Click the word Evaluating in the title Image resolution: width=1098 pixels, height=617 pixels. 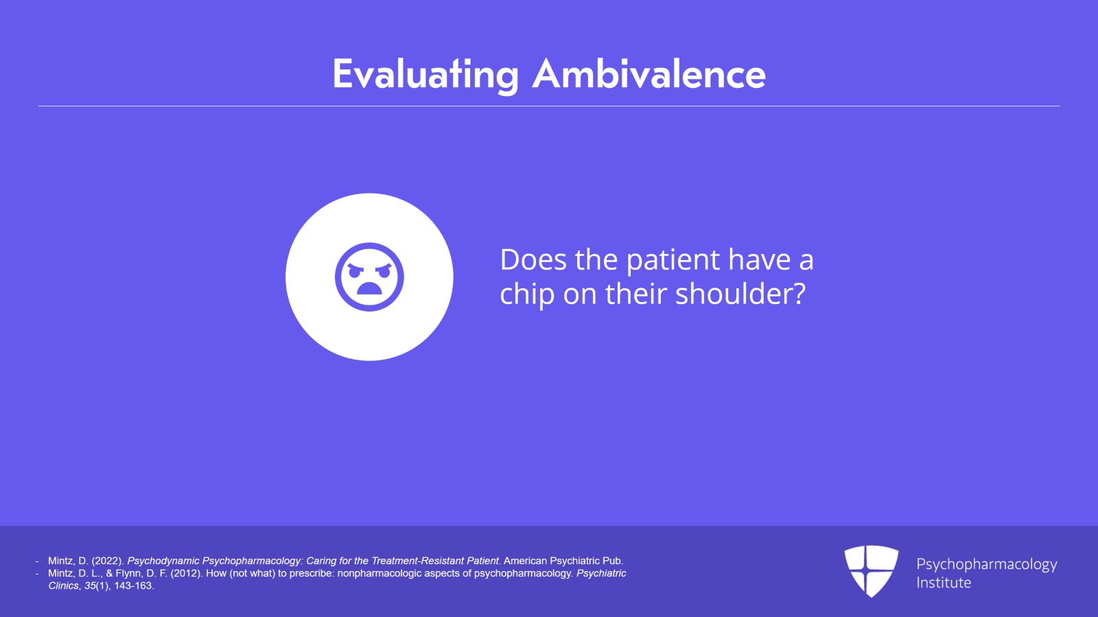coord(425,75)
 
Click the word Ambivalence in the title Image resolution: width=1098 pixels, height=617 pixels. coord(649,74)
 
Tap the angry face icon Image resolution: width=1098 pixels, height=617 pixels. coord(369,277)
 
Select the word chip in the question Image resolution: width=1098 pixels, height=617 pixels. coord(527,294)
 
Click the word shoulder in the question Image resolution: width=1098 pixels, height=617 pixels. coord(740,294)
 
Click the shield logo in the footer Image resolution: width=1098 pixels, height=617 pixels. coord(871,571)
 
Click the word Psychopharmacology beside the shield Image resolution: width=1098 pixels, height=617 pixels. coord(987,564)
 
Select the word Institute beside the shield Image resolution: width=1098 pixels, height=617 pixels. coord(944,583)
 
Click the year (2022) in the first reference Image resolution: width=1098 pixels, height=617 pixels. coord(107,561)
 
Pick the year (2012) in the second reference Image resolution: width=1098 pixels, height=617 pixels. coord(186,573)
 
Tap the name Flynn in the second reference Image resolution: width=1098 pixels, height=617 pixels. coord(130,573)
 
